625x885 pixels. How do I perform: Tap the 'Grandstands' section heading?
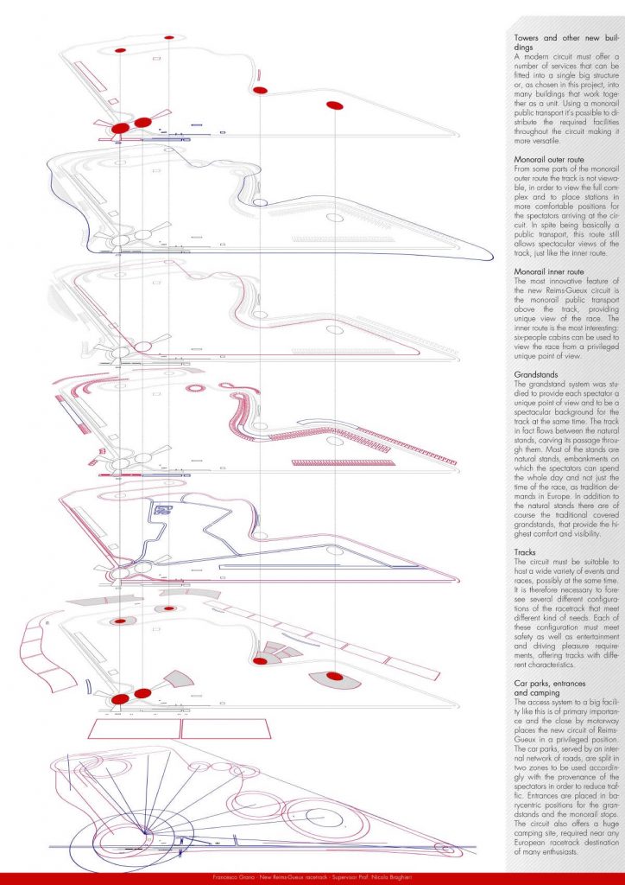[x=539, y=374]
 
